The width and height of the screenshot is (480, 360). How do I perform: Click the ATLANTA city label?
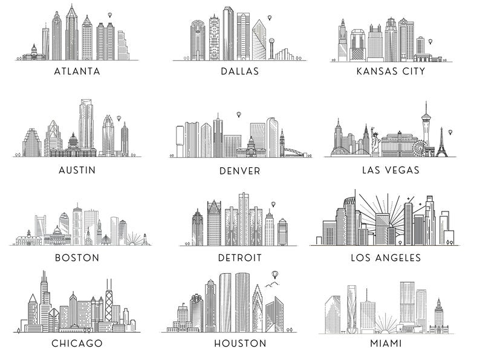click(77, 71)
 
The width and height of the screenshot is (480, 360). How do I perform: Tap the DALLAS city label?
click(239, 71)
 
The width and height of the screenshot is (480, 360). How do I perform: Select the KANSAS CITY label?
click(391, 71)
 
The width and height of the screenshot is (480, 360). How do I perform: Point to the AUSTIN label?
click(77, 170)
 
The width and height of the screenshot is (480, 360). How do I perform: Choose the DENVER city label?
click(240, 171)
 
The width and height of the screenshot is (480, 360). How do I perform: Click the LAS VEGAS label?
click(391, 170)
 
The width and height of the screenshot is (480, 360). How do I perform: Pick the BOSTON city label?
click(77, 257)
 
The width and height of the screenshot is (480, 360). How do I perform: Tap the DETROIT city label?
click(240, 258)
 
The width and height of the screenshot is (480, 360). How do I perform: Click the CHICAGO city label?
click(77, 344)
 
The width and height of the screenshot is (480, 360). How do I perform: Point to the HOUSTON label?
click(240, 344)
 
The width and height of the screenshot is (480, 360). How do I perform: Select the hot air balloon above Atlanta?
click(109, 14)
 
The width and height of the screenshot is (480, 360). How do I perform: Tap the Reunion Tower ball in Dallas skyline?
click(273, 42)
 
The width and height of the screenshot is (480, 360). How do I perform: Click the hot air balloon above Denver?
click(239, 114)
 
